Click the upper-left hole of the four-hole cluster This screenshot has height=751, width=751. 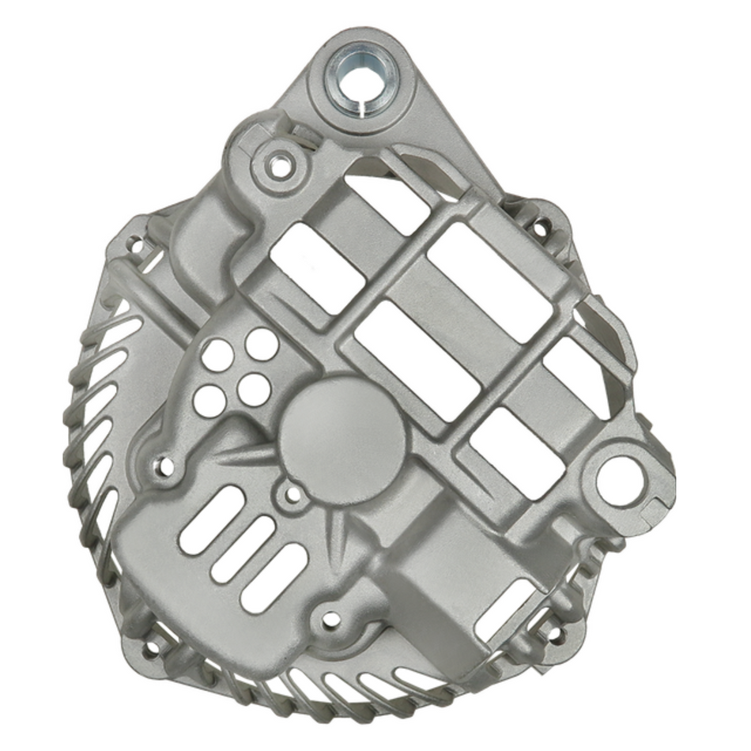(x=216, y=355)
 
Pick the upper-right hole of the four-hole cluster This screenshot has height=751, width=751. (x=260, y=344)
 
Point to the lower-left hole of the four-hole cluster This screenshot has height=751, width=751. (x=209, y=401)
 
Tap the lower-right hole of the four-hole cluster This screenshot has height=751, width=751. (x=254, y=389)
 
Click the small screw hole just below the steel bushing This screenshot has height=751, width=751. (x=277, y=167)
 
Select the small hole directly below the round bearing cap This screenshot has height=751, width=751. (x=292, y=496)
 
